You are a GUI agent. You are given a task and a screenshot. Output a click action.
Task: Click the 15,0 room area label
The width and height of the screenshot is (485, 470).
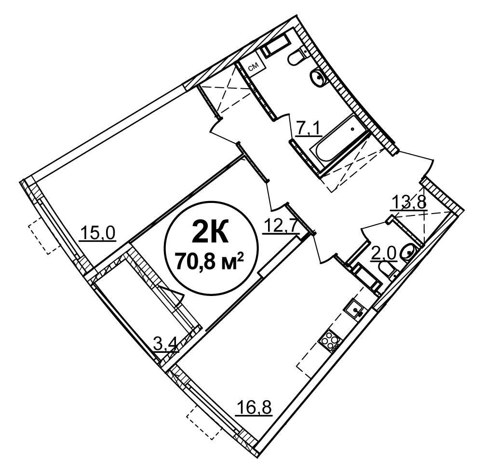(x=97, y=233)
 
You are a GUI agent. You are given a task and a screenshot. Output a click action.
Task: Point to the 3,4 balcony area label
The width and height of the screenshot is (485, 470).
(x=166, y=345)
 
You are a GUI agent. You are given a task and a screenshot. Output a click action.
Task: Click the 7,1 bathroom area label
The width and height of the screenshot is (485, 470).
(x=309, y=129)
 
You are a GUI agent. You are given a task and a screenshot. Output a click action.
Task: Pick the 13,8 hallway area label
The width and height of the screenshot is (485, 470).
(x=409, y=202)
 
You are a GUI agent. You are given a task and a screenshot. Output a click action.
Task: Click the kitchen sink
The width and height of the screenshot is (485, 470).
(x=356, y=309)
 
